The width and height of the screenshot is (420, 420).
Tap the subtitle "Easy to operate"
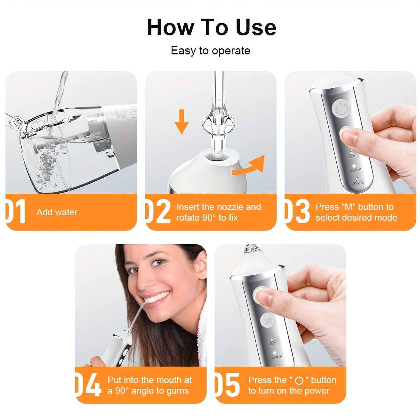(210, 51)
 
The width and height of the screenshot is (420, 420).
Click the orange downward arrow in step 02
(182, 121)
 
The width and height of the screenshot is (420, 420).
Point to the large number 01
(16, 212)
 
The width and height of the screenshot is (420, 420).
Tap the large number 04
(89, 385)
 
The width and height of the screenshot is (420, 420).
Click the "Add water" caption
(57, 212)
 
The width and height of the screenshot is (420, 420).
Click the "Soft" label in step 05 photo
(273, 343)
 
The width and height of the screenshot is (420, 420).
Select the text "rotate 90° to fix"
(207, 218)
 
